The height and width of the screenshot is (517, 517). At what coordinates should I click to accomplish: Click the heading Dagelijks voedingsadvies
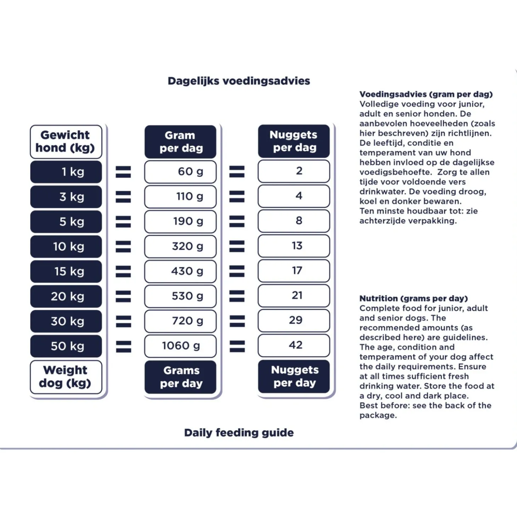tap(239, 81)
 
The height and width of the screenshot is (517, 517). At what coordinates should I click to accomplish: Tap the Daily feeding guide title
tap(239, 433)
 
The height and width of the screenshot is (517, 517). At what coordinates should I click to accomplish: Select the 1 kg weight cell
tap(66, 172)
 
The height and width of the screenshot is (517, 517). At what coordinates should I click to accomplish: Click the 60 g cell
tap(180, 172)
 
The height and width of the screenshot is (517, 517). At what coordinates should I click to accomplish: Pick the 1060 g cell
tap(180, 346)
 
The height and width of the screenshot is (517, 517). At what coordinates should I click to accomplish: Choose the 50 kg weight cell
tap(66, 346)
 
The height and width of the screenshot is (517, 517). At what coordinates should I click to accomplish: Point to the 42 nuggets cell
tap(294, 345)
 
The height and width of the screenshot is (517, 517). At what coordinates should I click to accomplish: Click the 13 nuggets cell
tap(294, 246)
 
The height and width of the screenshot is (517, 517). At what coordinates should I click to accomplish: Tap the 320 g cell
tap(180, 246)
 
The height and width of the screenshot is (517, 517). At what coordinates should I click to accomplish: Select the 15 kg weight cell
tap(66, 272)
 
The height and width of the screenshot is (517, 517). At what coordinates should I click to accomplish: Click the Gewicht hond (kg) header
tap(66, 142)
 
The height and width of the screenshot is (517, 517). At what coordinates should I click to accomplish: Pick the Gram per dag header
tap(180, 142)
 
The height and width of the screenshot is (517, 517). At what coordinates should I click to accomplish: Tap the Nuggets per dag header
tap(294, 141)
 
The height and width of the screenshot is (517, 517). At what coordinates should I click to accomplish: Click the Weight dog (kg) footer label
tap(66, 377)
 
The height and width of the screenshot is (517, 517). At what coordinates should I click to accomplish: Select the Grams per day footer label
tap(180, 377)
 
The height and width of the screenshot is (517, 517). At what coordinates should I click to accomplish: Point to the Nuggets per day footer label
tap(294, 376)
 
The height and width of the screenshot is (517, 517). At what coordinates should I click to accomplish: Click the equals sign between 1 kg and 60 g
tap(124, 172)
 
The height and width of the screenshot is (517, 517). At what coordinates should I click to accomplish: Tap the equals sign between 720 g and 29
tap(238, 322)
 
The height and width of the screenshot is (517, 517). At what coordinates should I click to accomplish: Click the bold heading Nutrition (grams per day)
tap(414, 299)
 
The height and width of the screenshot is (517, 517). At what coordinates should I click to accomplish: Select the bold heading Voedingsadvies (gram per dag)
tap(426, 94)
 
